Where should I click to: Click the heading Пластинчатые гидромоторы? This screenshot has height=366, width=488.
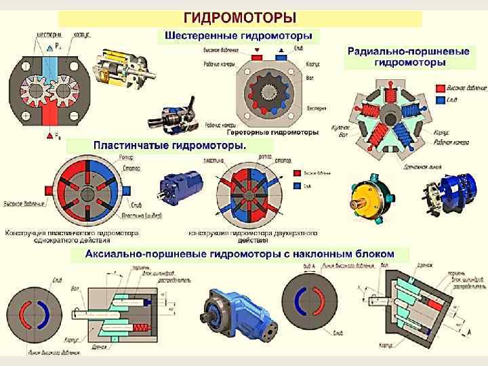tap(169, 145)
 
